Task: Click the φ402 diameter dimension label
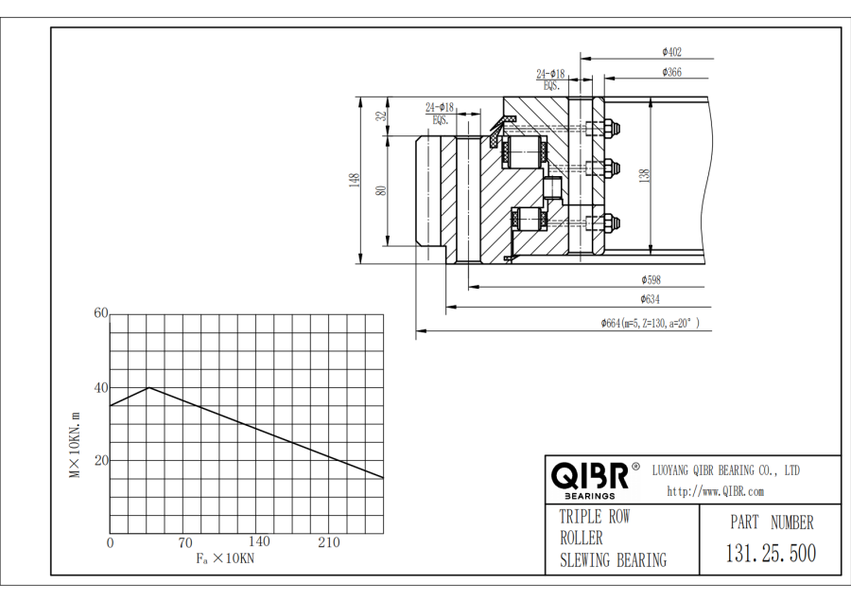coord(671,52)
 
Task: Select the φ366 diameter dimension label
coord(671,72)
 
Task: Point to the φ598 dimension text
coord(651,280)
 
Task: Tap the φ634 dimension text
coord(650,299)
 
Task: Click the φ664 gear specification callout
coord(651,324)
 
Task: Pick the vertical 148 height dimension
coord(355,180)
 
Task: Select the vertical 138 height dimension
coord(644,175)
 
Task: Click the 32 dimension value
coord(382,115)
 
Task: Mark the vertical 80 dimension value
coord(382,190)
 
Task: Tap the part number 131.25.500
coord(771,553)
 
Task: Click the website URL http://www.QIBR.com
coord(716,491)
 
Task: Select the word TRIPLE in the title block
coord(581,517)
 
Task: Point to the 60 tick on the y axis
coord(101,313)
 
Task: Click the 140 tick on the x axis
coord(259,541)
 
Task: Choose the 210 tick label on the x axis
coord(329,542)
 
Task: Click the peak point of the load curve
coord(148,387)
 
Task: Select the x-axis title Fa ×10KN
coord(225,558)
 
